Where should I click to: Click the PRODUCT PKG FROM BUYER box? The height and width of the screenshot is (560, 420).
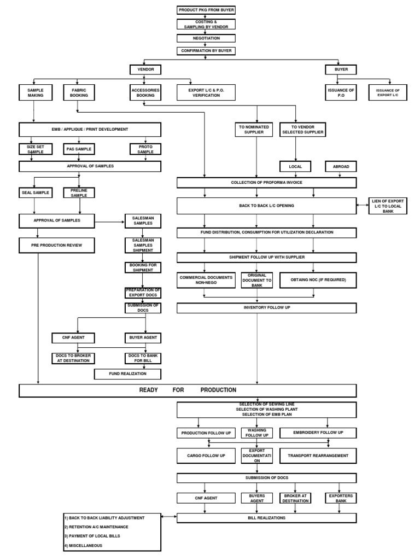[x=206, y=10]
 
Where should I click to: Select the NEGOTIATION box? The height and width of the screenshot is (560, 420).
[x=206, y=38]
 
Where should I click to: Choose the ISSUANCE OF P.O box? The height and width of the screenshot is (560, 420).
[x=341, y=92]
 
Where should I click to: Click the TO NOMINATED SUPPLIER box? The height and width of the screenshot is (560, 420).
[x=254, y=129]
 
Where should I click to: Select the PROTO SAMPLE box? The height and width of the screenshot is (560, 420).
[x=144, y=149]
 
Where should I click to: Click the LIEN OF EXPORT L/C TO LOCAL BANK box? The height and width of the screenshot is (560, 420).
[x=388, y=206]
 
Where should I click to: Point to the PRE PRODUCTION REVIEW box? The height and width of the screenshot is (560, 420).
[x=56, y=245]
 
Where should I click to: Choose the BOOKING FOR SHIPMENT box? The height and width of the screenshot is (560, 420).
[x=142, y=267]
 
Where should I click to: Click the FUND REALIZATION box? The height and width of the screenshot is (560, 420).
[x=128, y=374]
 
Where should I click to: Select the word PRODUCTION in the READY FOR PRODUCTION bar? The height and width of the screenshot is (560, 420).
[x=218, y=390]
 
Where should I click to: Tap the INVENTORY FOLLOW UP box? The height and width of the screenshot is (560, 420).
[x=266, y=308]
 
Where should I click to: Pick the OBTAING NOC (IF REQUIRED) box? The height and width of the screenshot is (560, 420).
[x=314, y=279]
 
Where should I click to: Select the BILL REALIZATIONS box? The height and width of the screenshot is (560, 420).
[x=266, y=517]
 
